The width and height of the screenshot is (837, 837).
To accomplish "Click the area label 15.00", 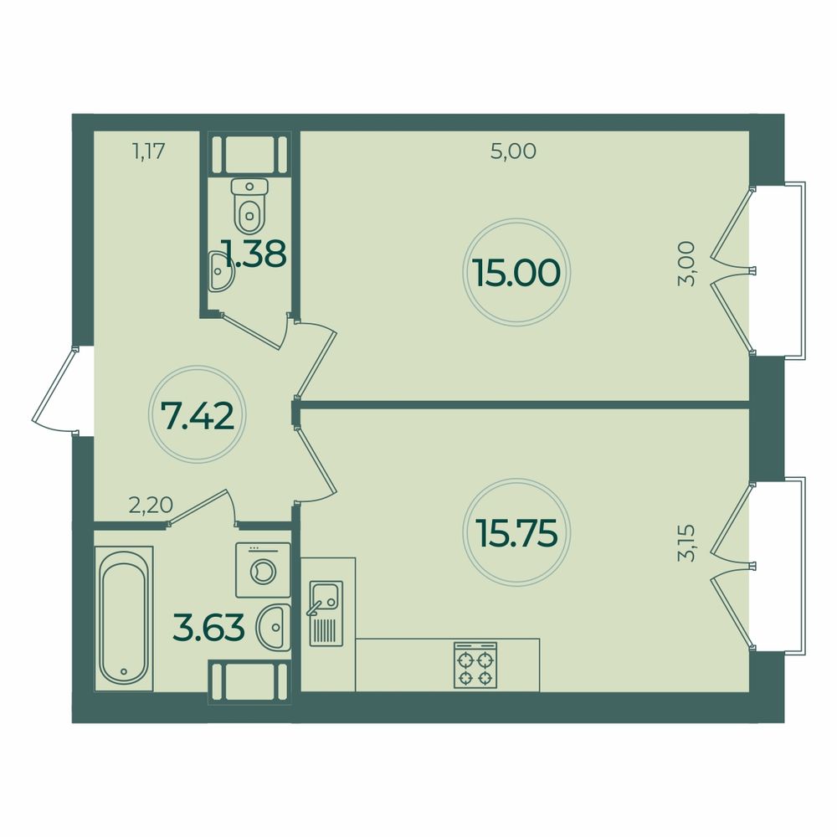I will pyautogui.click(x=516, y=273).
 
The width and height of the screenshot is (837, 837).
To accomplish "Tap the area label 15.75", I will pyautogui.click(x=516, y=532).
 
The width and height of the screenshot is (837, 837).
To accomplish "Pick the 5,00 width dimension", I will pyautogui.click(x=512, y=151).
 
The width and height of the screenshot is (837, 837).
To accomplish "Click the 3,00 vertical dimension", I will pyautogui.click(x=687, y=264).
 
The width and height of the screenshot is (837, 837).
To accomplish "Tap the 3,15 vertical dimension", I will pyautogui.click(x=687, y=543).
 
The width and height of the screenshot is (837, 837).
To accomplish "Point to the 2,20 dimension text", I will pyautogui.click(x=151, y=505).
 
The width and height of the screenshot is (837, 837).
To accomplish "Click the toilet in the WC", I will pyautogui.click(x=248, y=208).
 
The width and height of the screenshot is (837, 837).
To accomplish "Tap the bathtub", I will pyautogui.click(x=124, y=619).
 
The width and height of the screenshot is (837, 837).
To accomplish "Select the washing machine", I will pyautogui.click(x=263, y=570).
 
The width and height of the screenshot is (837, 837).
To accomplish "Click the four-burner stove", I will pyautogui.click(x=475, y=665).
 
